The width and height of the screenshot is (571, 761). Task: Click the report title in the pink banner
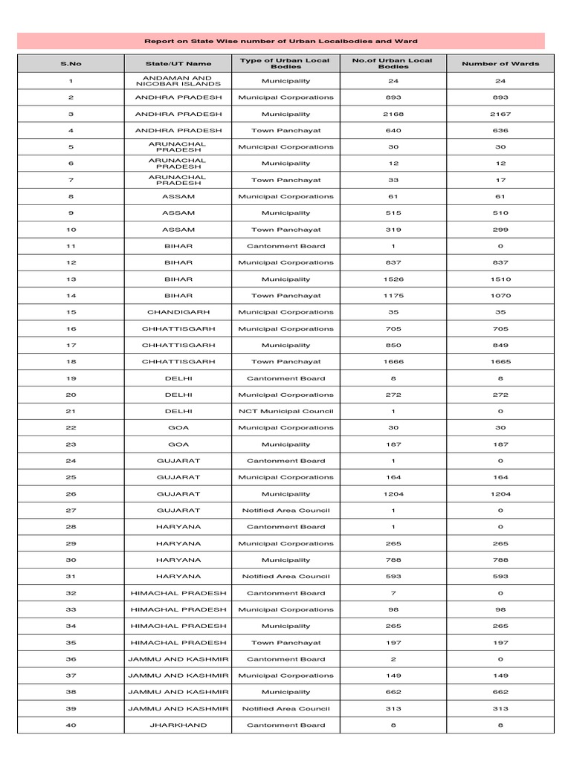[280, 42]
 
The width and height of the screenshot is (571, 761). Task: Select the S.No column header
[71, 64]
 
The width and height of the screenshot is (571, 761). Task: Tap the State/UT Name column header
[178, 64]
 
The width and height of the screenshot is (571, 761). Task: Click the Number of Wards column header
[500, 64]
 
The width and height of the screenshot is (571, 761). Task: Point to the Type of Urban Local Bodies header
[286, 64]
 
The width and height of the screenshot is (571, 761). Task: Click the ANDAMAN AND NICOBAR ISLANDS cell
[178, 81]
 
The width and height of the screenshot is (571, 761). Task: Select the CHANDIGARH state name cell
[178, 312]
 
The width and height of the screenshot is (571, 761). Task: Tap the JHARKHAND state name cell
[178, 725]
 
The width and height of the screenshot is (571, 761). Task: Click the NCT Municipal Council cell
[286, 411]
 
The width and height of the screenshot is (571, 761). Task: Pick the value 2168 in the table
[393, 114]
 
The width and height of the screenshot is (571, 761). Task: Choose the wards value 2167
[500, 114]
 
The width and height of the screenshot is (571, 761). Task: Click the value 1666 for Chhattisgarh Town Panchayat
[393, 362]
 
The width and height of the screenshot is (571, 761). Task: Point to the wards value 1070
[500, 296]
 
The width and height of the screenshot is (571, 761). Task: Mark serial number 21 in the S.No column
[71, 411]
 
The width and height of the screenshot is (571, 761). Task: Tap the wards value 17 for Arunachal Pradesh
[500, 180]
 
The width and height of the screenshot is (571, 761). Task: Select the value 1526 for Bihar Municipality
[393, 279]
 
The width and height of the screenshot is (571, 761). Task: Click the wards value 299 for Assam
[500, 230]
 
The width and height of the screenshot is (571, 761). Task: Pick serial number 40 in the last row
[71, 725]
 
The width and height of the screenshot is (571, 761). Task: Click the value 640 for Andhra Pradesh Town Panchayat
[393, 131]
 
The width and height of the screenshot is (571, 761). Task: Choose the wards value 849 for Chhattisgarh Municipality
[500, 346]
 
